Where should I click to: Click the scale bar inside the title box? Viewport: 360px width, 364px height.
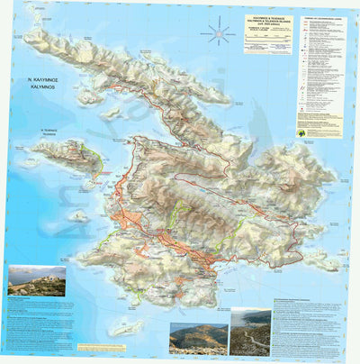[x=268, y=41]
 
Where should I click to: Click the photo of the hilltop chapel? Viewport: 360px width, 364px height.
[x=36, y=281]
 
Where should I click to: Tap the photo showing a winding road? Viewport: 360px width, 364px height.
[x=249, y=332]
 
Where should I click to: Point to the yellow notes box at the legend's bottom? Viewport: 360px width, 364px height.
[x=319, y=132]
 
